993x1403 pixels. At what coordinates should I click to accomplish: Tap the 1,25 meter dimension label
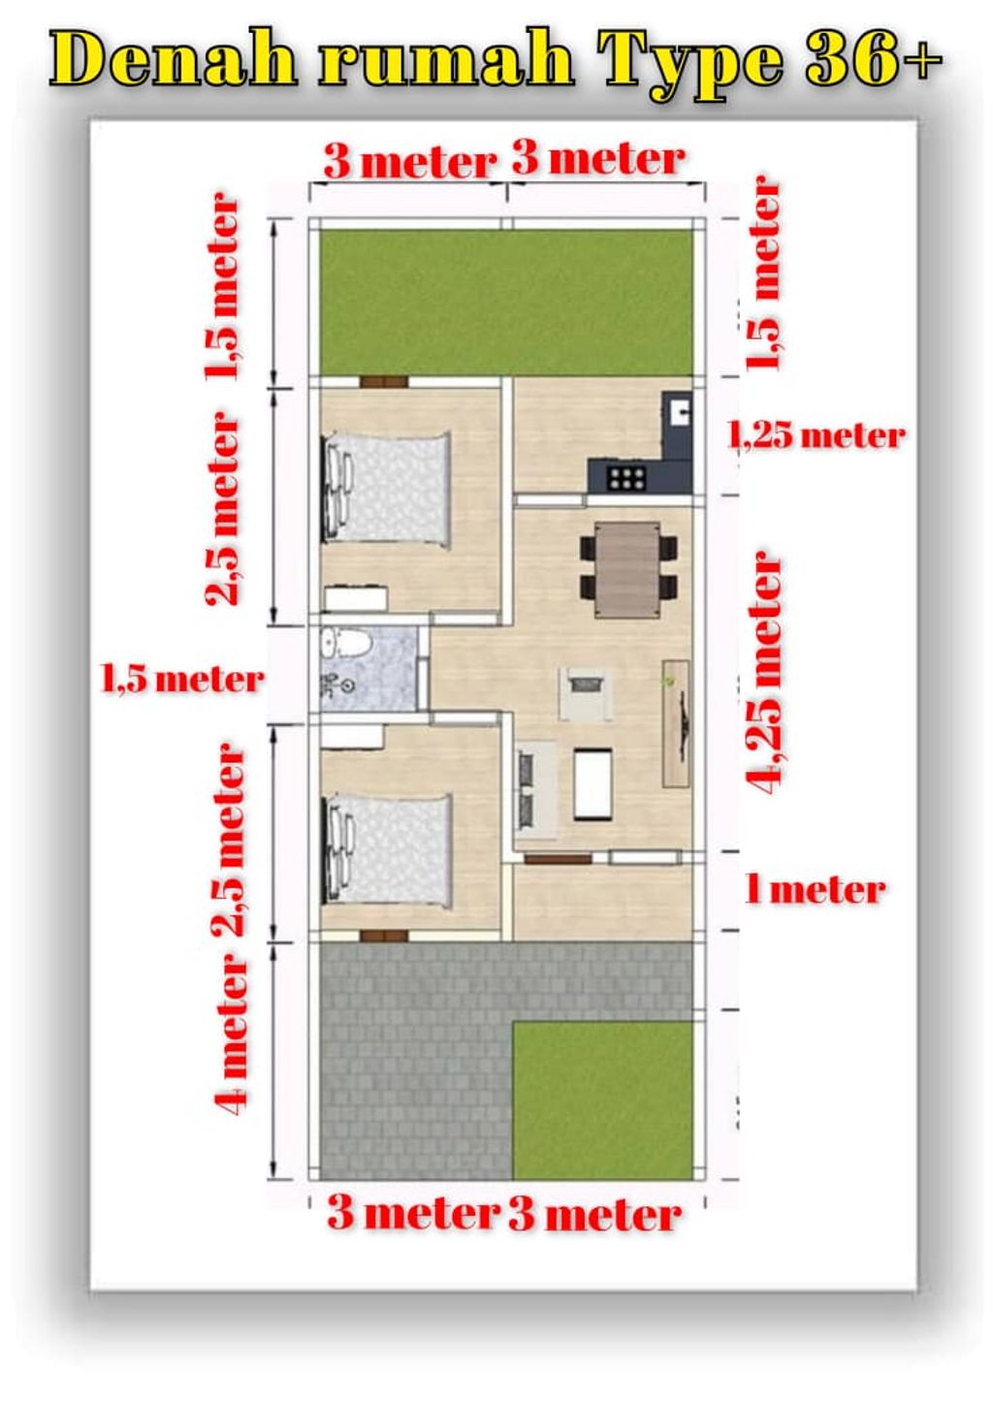[816, 435]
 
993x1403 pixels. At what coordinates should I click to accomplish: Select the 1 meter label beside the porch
[816, 890]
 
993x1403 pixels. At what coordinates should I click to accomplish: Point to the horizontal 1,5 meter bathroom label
[182, 680]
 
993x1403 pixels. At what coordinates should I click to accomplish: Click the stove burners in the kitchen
[626, 479]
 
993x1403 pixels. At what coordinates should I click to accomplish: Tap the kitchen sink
[679, 411]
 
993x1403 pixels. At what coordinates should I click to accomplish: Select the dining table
[627, 569]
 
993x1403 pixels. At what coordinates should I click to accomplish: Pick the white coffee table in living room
[593, 784]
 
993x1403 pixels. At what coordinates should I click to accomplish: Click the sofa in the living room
[534, 790]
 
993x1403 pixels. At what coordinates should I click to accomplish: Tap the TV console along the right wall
[676, 722]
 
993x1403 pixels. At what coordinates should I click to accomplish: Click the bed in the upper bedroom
[386, 490]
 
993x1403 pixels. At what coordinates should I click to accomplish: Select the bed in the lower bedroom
[386, 852]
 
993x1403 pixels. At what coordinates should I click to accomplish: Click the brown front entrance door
[558, 859]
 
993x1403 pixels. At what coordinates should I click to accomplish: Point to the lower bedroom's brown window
[383, 936]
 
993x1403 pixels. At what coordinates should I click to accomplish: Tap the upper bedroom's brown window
[383, 381]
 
